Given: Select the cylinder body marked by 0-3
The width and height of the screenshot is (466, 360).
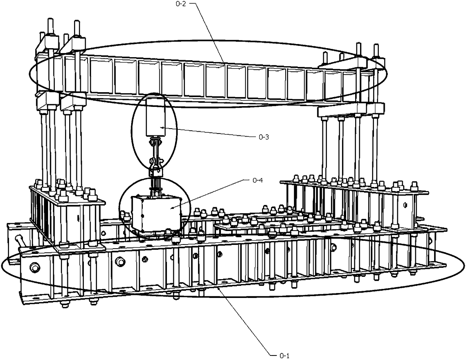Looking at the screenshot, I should [x=154, y=117].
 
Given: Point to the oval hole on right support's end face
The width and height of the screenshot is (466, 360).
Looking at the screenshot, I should [x=405, y=205].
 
